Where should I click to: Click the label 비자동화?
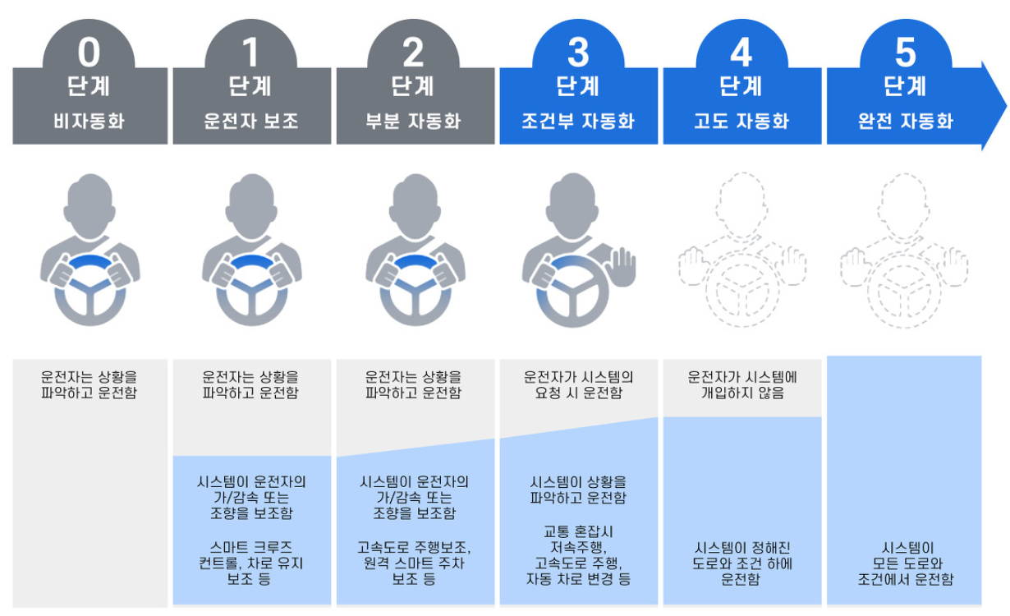(x=89, y=122)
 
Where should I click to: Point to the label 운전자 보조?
(x=251, y=122)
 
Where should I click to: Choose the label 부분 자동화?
(x=414, y=122)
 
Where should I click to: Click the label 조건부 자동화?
(x=578, y=122)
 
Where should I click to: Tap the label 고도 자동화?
(x=741, y=122)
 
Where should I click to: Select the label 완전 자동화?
(x=905, y=122)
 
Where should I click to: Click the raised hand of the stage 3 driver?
(x=622, y=266)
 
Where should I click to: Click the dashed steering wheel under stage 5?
(x=904, y=292)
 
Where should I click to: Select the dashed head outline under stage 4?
(x=741, y=201)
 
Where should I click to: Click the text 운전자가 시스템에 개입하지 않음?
(x=741, y=385)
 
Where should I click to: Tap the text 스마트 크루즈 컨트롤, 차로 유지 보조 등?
(x=251, y=563)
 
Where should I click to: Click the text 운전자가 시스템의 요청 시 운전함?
(x=578, y=385)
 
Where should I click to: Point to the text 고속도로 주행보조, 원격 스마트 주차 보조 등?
(x=414, y=563)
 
